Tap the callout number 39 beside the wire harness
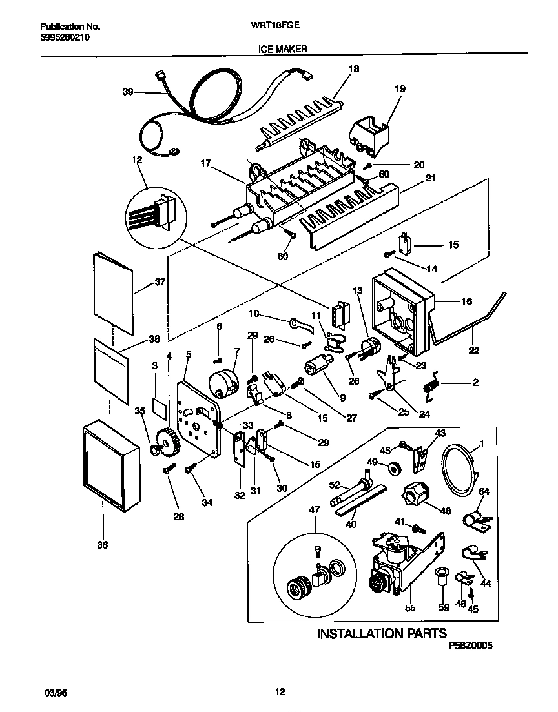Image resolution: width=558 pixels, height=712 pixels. pos(128,92)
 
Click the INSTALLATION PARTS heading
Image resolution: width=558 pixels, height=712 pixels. pos(381,633)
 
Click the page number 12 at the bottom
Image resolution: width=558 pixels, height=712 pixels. pos(280,692)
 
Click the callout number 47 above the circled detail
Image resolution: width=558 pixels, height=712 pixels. pos(315,511)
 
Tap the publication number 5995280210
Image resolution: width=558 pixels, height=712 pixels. pos(65,37)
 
